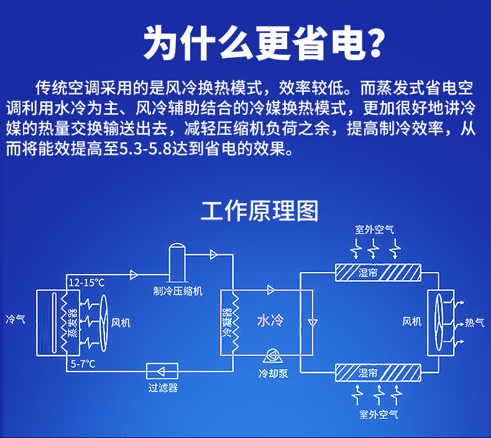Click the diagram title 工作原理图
(x=259, y=212)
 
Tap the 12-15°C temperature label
(x=86, y=283)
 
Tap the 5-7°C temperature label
(x=83, y=363)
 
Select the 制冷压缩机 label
(x=177, y=291)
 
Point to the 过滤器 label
(x=163, y=388)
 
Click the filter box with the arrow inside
(x=163, y=371)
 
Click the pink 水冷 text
(x=270, y=321)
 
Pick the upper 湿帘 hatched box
(x=378, y=273)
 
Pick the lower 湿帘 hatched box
(x=378, y=373)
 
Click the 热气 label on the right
(x=475, y=322)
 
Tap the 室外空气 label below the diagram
(x=378, y=414)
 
